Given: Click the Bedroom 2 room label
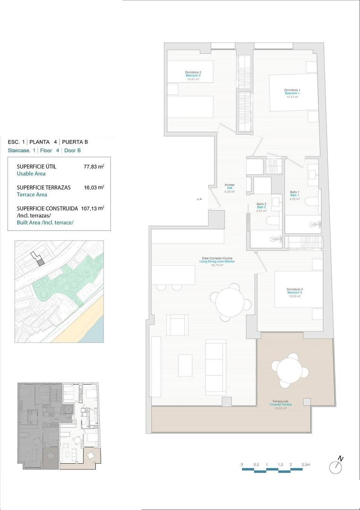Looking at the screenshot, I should coord(193,76).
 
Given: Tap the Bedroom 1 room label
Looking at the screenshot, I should coord(292,93).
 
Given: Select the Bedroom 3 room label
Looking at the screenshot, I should coord(294,292).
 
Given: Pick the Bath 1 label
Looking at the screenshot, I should coord(295,195).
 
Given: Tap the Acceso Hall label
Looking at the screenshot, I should coord(230,188).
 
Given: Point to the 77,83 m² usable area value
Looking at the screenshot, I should coord(94,167).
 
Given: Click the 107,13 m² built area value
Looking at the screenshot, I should coord(94,208).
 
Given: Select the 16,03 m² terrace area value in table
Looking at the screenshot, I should coord(94,187).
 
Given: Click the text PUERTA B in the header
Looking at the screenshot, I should coord(75,142).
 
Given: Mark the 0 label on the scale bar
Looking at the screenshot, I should coord(242,465).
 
